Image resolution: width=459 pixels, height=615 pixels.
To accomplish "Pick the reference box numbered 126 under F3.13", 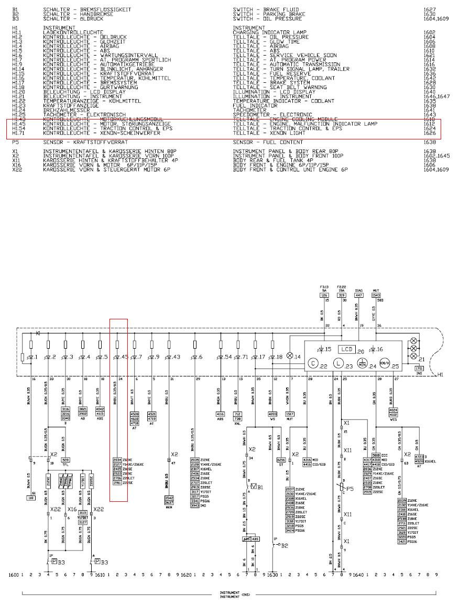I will pos(324,296).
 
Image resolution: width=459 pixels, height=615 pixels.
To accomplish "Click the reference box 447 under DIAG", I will pos(359,296).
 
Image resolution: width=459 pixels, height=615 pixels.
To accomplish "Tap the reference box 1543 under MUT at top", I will pos(376,296).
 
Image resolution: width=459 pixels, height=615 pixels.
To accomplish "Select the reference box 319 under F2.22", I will pos(342,296).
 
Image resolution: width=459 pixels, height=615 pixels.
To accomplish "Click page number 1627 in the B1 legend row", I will pos(430,9).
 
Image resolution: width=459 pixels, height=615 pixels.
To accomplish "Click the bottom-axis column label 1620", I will pos(186,575).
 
